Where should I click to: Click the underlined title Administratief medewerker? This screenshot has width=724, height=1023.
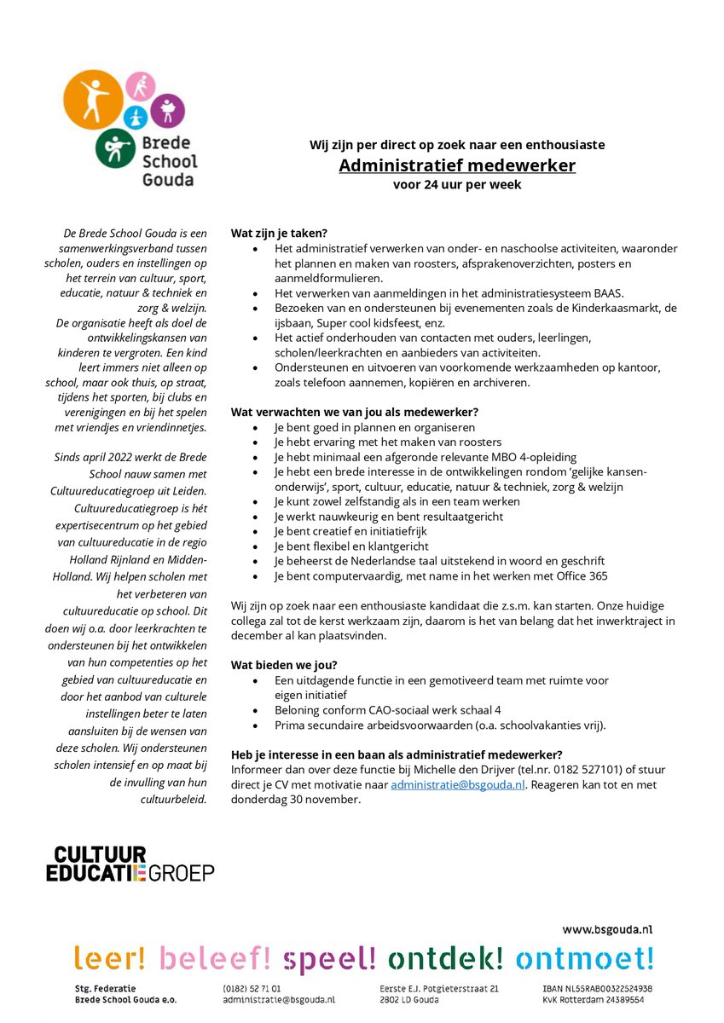click(457, 165)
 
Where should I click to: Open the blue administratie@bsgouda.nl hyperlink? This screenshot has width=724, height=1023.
click(458, 785)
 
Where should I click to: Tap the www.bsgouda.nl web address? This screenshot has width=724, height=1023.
click(607, 928)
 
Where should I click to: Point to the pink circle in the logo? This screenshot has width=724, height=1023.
click(139, 87)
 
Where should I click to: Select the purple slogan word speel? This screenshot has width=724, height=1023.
click(329, 959)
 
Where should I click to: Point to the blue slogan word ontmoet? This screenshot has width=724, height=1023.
click(584, 959)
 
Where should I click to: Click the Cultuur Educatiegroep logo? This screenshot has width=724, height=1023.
click(130, 863)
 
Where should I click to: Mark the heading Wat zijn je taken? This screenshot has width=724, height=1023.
click(279, 233)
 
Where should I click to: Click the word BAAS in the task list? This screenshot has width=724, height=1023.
click(608, 292)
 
